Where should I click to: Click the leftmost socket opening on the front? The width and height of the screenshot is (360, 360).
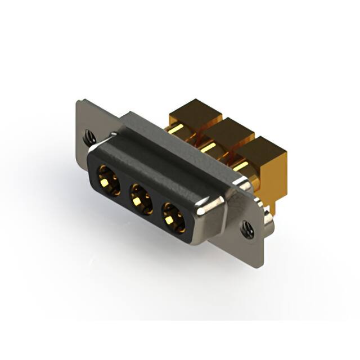[x=108, y=179]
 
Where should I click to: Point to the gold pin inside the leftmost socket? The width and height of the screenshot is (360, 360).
[x=107, y=180]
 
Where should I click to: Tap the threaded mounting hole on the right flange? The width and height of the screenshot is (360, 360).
[x=247, y=228]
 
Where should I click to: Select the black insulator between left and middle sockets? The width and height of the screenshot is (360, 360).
[x=124, y=188]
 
